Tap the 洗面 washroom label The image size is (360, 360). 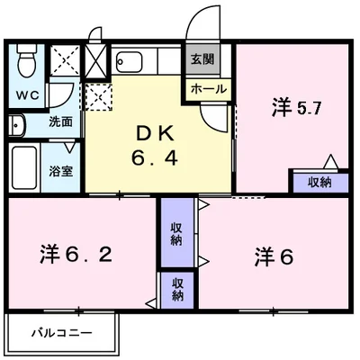pyautogui.click(x=60, y=121)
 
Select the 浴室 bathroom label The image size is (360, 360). pyautogui.click(x=61, y=168)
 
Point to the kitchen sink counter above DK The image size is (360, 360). pyautogui.click(x=144, y=62)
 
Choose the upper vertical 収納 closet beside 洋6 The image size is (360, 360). pyautogui.click(x=176, y=231)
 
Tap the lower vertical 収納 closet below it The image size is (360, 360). pyautogui.click(x=176, y=290)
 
